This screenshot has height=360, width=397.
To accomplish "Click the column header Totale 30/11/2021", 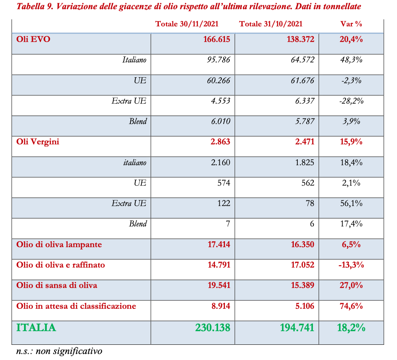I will coord(187,24).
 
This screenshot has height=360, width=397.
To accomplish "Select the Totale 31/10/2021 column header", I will coord(271,24).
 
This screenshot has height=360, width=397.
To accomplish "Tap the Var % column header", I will coord(351,24).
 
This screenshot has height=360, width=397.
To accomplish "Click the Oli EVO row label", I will coord(33,39).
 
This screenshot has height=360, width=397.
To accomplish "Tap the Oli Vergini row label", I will coord(38,142).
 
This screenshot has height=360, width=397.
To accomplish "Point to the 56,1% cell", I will coord(351,203).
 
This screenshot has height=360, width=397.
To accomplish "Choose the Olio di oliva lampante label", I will coord(59,244).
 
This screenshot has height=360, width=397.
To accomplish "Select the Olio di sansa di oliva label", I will coord(56,285).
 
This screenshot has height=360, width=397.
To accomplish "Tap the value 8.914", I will coord(220,306).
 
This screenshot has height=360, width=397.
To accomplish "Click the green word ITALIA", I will coord(36,328).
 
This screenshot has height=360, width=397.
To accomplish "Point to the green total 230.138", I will coord(213,328).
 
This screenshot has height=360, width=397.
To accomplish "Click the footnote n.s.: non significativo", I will coord(59,351).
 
